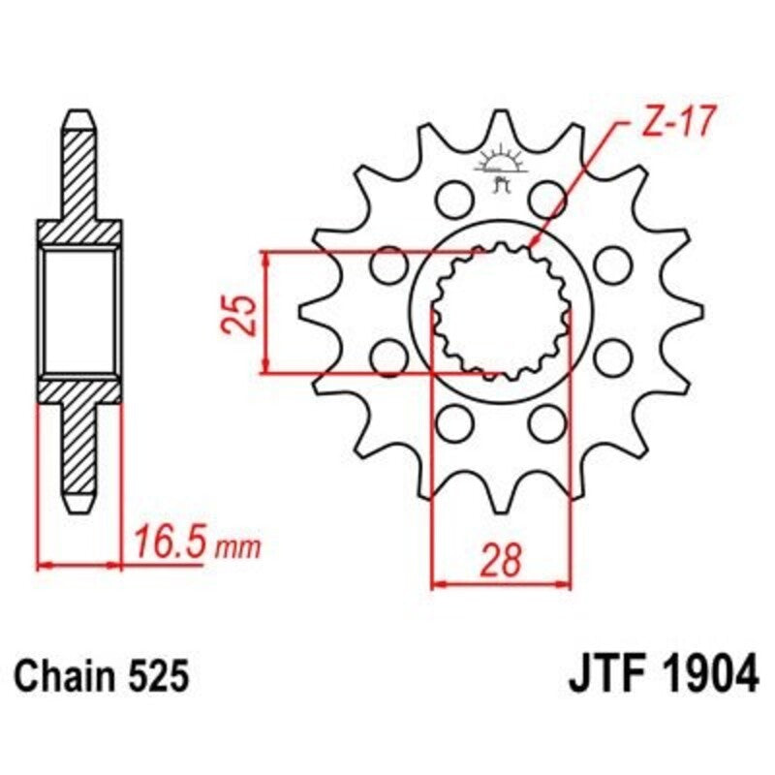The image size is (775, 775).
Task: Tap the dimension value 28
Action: tap(500, 559)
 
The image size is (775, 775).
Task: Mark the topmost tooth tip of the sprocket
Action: tap(501, 113)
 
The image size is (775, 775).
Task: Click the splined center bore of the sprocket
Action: tap(500, 312)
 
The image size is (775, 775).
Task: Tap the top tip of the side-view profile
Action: tap(80, 112)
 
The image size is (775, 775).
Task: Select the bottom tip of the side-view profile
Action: tap(80, 511)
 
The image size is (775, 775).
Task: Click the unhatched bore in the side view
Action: tap(80, 312)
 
